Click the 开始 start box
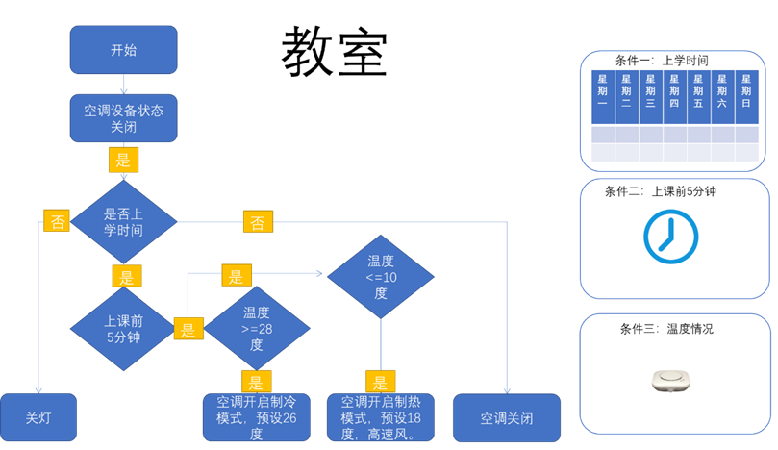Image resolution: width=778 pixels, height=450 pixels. tap(123, 50)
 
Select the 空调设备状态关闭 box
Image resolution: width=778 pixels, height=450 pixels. tap(123, 119)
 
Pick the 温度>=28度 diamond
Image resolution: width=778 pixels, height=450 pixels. tap(257, 329)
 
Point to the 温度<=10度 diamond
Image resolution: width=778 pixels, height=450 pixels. tap(381, 277)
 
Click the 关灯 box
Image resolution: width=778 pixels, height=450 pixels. tap(38, 418)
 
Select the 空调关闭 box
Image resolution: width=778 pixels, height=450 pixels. tap(506, 418)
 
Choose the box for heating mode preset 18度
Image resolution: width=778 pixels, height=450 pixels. tap(381, 417)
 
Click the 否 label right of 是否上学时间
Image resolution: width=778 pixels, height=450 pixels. tap(258, 222)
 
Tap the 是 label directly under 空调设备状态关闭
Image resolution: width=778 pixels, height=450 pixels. tap(123, 158)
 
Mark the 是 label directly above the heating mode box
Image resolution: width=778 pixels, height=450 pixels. tap(381, 381)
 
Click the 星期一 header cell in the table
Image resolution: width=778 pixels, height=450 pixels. tap(603, 97)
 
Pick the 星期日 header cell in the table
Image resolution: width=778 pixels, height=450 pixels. tap(746, 97)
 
